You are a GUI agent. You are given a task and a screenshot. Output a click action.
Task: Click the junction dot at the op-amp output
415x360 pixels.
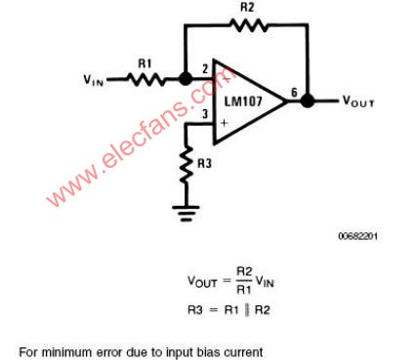coord(308,100)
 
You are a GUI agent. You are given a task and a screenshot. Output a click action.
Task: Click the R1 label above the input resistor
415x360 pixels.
coord(145,63)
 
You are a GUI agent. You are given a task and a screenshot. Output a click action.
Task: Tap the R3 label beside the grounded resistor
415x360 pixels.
coord(204,163)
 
